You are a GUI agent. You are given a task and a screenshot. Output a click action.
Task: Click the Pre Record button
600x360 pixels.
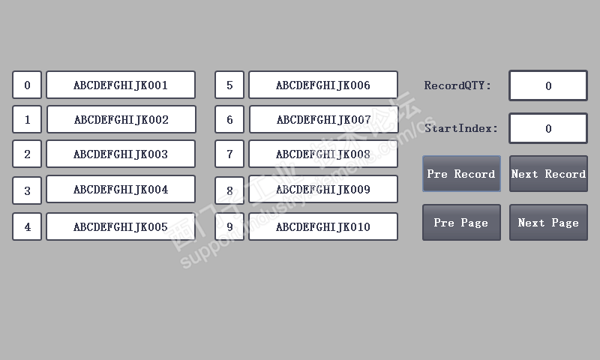click(461, 174)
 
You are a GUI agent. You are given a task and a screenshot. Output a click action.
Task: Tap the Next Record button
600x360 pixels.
click(548, 174)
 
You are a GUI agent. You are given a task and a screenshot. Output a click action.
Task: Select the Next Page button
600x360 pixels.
click(548, 223)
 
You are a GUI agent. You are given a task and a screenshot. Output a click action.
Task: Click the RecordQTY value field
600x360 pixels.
click(548, 85)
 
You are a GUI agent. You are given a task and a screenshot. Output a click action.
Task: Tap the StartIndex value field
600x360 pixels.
click(548, 128)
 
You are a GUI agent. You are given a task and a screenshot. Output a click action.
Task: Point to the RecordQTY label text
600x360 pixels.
click(457, 85)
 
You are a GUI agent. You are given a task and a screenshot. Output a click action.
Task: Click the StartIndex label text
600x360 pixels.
click(461, 128)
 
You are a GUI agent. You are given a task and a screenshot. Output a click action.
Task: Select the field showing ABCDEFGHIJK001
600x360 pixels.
click(121, 85)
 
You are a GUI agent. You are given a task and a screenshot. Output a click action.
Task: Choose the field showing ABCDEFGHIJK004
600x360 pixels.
click(121, 189)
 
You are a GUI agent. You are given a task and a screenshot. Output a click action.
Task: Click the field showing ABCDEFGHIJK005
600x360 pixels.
click(121, 226)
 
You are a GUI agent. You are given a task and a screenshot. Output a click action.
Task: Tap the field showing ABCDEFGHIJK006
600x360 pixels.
click(323, 85)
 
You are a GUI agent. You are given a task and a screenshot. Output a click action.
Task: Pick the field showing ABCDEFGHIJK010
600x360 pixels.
click(323, 226)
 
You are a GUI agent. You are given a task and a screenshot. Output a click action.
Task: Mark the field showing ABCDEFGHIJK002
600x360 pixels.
click(121, 119)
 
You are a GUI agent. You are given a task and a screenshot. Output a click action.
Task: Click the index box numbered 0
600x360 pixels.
click(27, 85)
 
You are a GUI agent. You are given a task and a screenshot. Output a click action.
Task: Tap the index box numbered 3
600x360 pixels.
click(27, 190)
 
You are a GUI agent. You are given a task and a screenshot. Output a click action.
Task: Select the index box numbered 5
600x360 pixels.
click(229, 85)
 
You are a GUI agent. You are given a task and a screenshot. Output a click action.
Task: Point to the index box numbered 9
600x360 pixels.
click(229, 226)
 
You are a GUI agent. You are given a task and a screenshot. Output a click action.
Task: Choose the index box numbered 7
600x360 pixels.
click(229, 154)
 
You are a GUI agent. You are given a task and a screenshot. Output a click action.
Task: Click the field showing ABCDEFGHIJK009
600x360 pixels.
click(323, 190)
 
